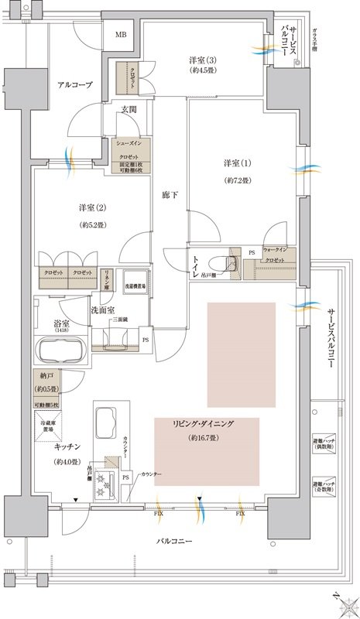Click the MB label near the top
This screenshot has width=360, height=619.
click(x=122, y=35)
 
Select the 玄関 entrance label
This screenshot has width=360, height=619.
click(x=128, y=109)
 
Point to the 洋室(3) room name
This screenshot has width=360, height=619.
click(x=205, y=60)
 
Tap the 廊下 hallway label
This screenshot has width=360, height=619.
click(x=170, y=194)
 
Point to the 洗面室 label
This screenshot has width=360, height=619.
click(x=103, y=309)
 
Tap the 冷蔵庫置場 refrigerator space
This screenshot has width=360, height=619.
click(x=52, y=426)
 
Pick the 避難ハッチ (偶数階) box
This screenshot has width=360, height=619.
click(x=324, y=443)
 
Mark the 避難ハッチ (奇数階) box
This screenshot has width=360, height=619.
click(x=324, y=486)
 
